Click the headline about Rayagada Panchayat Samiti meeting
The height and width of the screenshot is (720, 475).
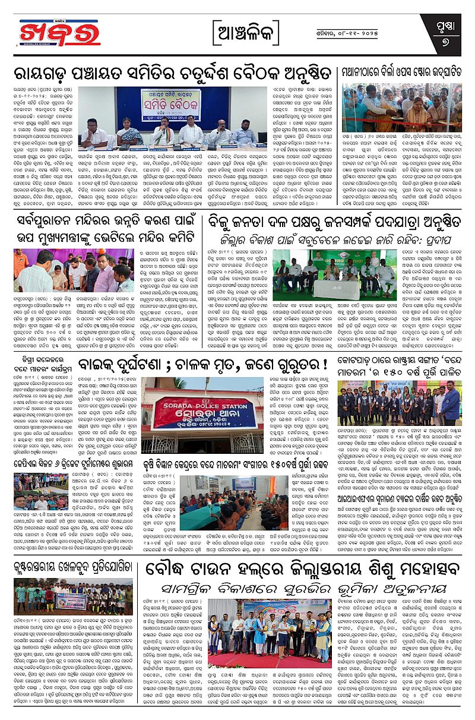pyautogui.click(x=172, y=75)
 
